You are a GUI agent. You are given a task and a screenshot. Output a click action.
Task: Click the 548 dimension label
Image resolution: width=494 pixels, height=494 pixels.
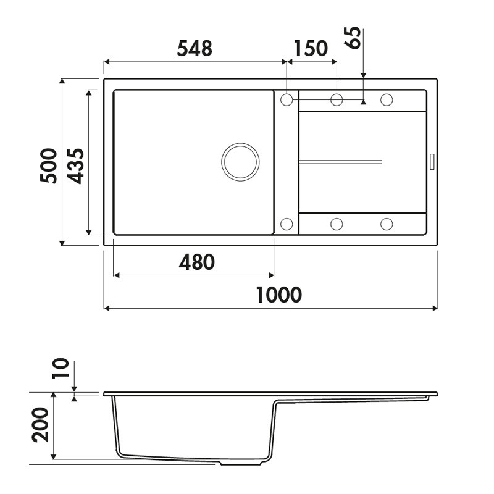[x=195, y=48]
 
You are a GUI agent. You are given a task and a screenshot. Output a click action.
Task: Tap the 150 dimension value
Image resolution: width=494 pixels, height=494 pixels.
[x=311, y=48]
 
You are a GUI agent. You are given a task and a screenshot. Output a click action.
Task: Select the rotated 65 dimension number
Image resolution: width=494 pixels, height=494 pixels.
[x=354, y=38]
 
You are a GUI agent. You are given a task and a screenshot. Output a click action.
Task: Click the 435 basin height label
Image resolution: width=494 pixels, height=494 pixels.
[x=75, y=165]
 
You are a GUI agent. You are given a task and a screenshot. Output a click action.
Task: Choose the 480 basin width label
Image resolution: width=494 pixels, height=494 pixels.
[x=196, y=262]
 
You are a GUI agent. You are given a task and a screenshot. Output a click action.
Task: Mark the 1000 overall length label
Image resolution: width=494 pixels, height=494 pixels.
[x=278, y=295]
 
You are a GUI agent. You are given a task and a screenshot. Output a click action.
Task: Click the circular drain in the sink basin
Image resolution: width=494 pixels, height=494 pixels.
[x=240, y=162]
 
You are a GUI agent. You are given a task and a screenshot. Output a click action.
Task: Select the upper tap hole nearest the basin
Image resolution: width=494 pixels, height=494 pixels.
[x=287, y=99]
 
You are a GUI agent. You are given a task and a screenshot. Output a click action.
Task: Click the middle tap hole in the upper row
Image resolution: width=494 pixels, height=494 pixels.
[x=337, y=99]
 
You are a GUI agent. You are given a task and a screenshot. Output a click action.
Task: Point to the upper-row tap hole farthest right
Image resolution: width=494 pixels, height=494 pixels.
[x=387, y=99]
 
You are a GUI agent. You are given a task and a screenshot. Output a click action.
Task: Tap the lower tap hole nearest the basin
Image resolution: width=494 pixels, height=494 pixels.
[x=287, y=224]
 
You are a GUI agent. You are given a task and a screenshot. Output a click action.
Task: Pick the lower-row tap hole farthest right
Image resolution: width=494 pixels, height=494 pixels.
[x=387, y=224]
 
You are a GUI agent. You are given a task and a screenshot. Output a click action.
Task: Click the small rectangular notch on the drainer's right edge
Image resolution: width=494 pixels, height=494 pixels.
[x=432, y=161]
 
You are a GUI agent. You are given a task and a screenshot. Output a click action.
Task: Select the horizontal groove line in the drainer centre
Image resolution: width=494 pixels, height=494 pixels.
[x=340, y=162]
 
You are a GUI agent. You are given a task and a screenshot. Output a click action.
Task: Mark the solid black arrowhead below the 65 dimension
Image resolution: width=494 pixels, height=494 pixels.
[x=363, y=102]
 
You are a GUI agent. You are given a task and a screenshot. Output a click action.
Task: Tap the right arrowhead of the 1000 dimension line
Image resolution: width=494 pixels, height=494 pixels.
[x=434, y=308]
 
